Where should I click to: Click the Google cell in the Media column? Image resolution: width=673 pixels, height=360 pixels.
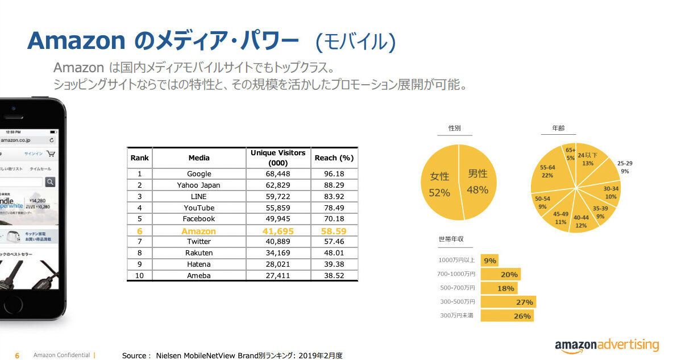click(199, 173)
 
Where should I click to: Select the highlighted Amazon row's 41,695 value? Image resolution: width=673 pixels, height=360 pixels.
click(278, 231)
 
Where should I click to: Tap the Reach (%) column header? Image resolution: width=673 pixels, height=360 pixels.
click(334, 158)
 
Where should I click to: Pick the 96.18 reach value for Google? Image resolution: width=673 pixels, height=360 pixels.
click(334, 173)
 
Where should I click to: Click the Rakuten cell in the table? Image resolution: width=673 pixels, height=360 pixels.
click(199, 253)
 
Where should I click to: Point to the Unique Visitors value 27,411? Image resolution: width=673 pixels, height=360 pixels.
click(278, 276)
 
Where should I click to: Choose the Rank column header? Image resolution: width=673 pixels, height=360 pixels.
click(139, 158)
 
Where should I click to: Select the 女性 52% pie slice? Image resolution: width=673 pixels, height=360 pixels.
click(439, 185)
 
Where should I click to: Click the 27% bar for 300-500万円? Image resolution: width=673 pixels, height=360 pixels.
click(508, 302)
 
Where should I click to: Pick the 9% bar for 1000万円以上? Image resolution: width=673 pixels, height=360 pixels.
click(489, 260)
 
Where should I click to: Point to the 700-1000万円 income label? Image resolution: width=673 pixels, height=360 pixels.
click(456, 274)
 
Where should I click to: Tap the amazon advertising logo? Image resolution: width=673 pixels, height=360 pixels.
click(606, 345)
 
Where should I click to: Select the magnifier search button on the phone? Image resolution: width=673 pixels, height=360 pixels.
click(50, 181)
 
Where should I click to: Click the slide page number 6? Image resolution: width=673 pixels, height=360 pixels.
click(17, 355)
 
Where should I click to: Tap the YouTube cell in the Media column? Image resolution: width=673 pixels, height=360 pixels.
click(199, 208)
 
